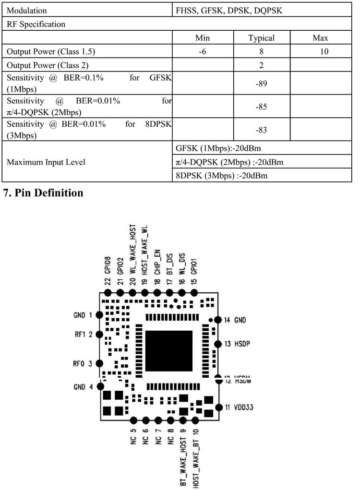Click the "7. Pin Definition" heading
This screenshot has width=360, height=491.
[x=44, y=193]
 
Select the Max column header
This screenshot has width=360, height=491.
[x=320, y=38]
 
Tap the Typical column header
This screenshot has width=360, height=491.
[x=261, y=38]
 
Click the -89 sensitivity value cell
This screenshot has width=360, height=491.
[x=261, y=84]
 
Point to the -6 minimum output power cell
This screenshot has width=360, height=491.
[x=203, y=51]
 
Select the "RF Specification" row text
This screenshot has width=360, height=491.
[x=36, y=24]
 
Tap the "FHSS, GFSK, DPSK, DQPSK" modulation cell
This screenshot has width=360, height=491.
[x=229, y=10]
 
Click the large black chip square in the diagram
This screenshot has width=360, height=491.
[x=168, y=351]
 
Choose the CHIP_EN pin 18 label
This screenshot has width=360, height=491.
[x=157, y=269]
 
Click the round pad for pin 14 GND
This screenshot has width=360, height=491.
[x=217, y=320]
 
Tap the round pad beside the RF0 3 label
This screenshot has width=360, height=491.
[x=99, y=364]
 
